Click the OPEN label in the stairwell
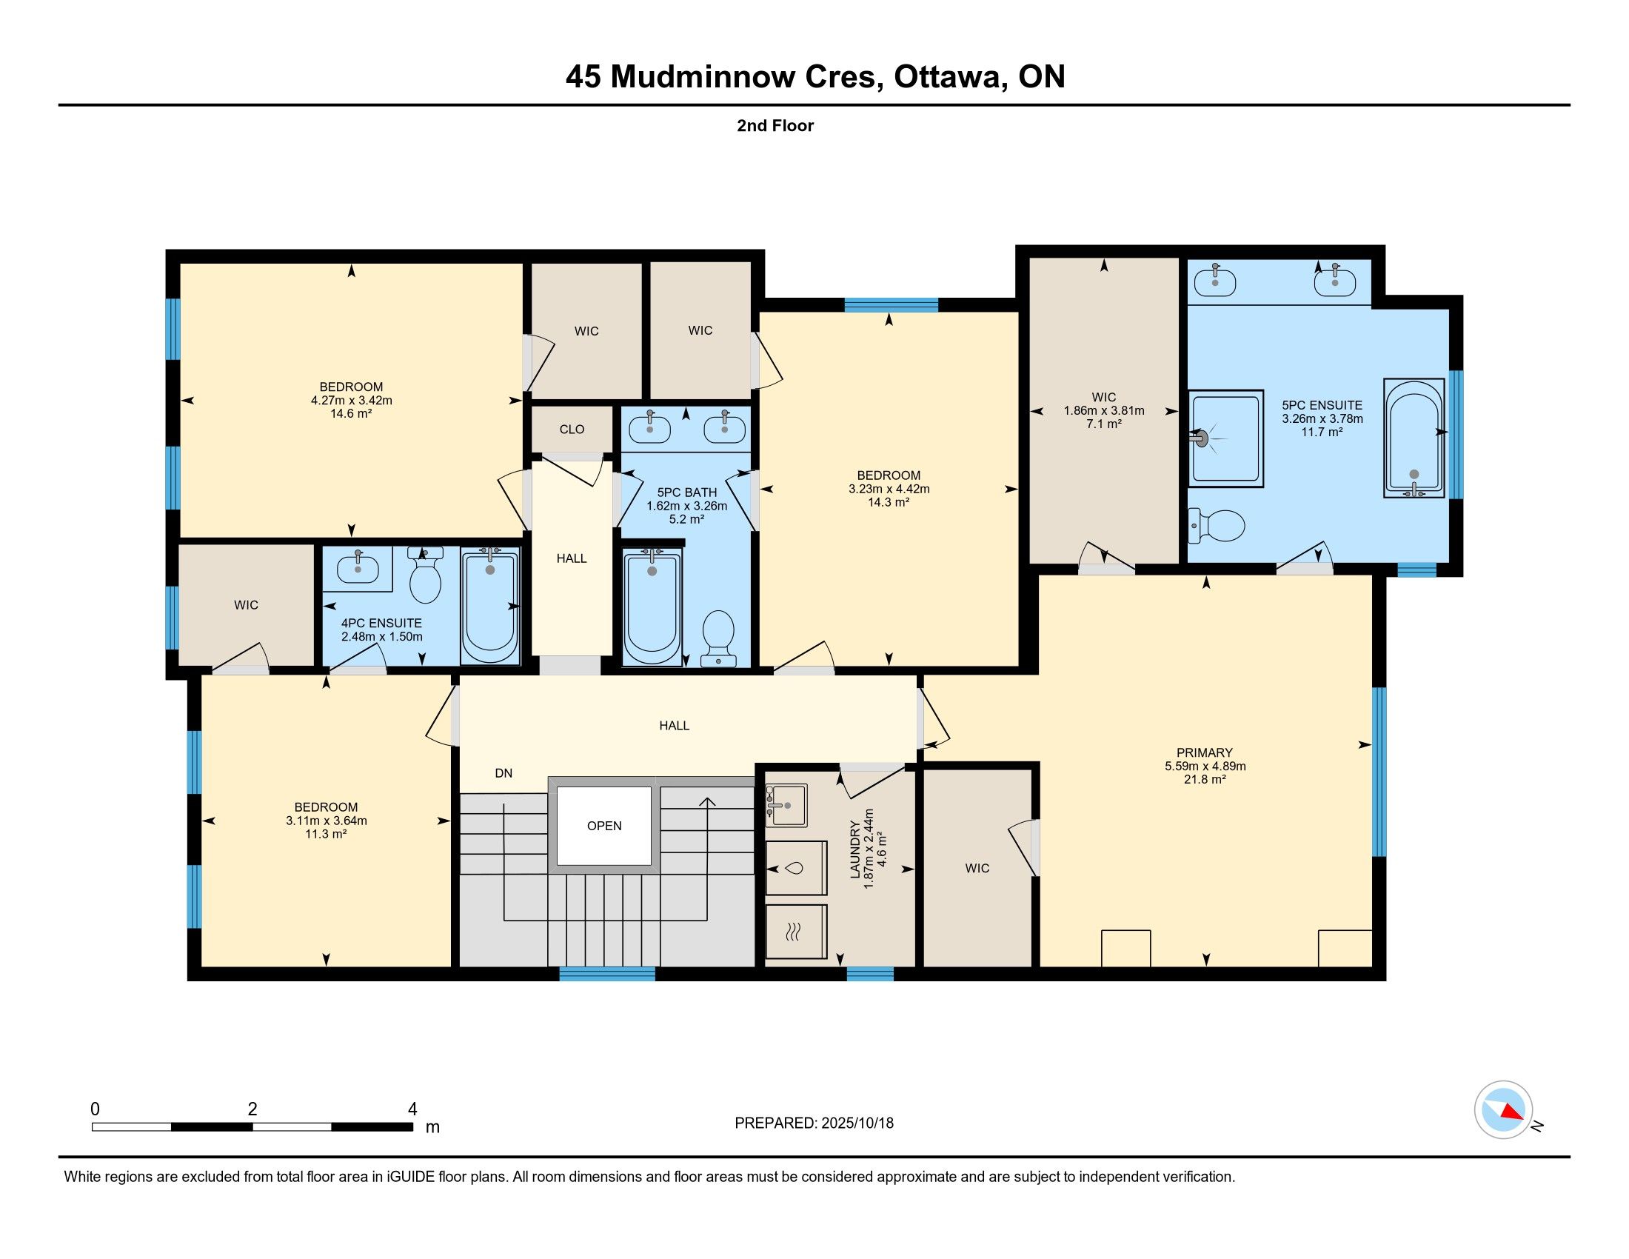point(604,826)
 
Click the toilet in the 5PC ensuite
point(1216,525)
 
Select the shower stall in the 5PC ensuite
point(1225,438)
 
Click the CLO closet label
point(572,429)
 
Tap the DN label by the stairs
point(504,772)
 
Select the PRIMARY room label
point(1205,752)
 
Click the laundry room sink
point(786,805)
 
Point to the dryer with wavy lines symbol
point(796,932)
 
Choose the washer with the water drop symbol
point(796,868)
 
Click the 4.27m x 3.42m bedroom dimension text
point(351,400)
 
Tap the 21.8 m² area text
point(1205,779)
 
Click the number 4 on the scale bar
point(412,1109)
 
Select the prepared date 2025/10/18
point(857,1123)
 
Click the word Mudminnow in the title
point(702,77)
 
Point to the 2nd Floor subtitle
point(775,125)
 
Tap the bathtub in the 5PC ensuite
point(1414,438)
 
